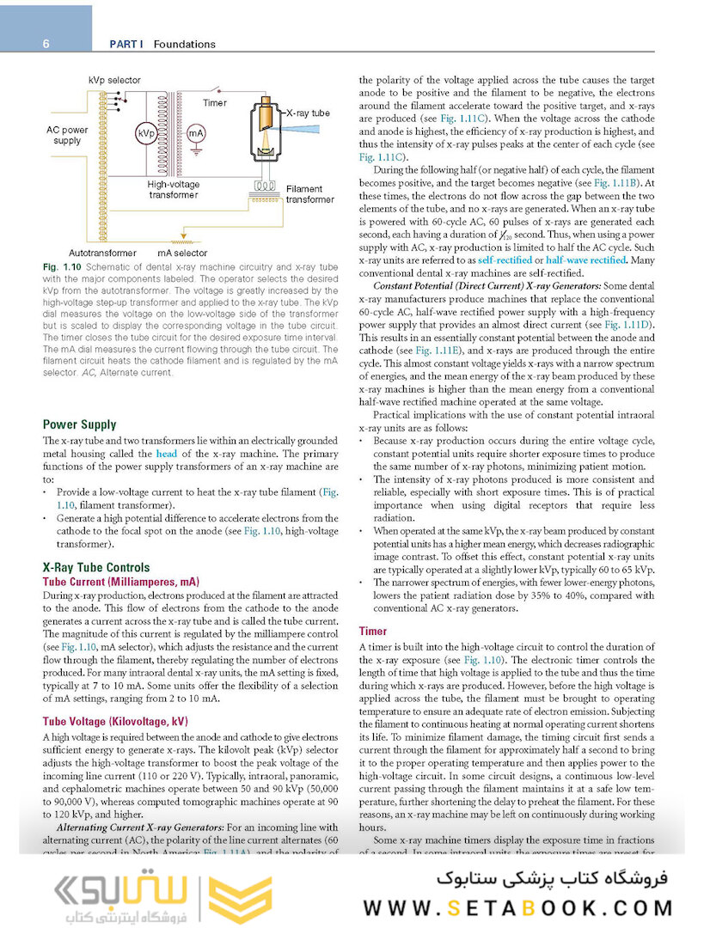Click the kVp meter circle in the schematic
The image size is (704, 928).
pos(146,135)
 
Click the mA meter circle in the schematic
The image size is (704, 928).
pos(197,134)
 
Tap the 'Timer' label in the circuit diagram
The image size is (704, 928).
pos(215,103)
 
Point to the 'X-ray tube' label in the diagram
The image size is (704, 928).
pos(308,113)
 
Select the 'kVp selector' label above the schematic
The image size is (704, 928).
pos(114,81)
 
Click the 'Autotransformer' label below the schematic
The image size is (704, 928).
pos(102,253)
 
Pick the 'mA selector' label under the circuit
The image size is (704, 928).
pos(182,253)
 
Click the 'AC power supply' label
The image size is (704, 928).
pos(67,135)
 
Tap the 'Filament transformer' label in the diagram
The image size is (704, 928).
pos(310,194)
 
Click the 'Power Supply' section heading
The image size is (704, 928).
pos(79,424)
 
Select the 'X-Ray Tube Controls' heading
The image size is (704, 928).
pos(96,567)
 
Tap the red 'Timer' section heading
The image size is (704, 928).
pos(372,632)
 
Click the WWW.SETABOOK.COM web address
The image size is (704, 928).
pos(518,907)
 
